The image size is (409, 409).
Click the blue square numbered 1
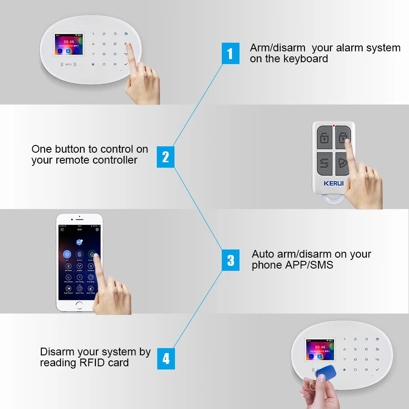(230, 54)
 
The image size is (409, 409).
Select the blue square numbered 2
(165, 157)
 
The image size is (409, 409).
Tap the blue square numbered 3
(230, 260)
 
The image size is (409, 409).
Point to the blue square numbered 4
(166, 359)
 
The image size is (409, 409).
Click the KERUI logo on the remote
(334, 183)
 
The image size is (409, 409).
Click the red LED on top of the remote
(334, 125)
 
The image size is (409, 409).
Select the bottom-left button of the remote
(324, 163)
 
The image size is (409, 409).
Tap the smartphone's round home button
(80, 304)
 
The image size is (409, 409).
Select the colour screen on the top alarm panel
(69, 45)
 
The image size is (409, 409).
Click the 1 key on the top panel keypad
(93, 34)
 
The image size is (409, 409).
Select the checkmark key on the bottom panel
(377, 369)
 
